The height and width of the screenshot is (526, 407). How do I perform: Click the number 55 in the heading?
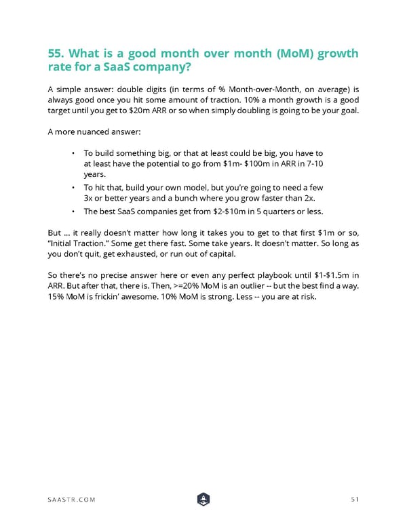tap(57, 54)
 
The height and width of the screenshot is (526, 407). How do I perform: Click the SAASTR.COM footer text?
tap(71, 500)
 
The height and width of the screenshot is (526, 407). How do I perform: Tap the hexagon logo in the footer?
tap(203, 499)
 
